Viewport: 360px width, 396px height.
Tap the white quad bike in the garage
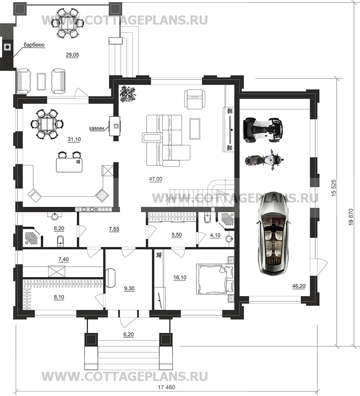point(263,128)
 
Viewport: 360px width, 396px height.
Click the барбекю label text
point(34,45)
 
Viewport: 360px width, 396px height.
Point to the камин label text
point(97,128)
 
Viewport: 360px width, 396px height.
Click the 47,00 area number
point(156,179)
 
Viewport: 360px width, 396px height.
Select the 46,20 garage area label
point(299,286)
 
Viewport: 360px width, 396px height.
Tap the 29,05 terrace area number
point(72,55)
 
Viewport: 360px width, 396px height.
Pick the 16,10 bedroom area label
point(180,278)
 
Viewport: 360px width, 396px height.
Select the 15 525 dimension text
point(335,188)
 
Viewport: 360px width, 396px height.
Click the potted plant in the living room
point(128,94)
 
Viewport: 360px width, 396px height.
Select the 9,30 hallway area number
point(130,289)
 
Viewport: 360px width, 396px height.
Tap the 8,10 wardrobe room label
point(59,297)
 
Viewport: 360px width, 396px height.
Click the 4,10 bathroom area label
point(215,235)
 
